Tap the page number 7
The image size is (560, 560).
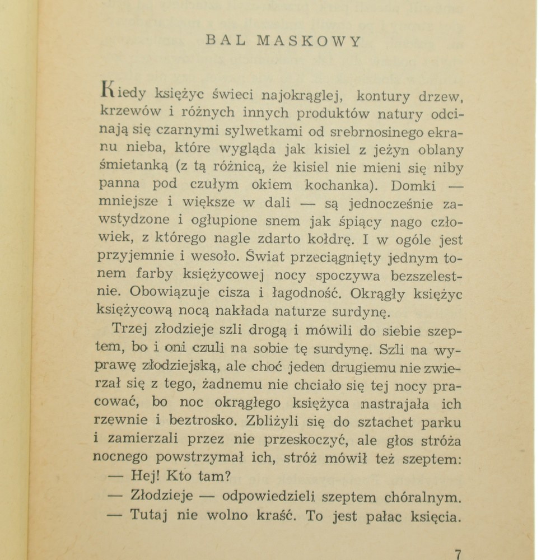458,554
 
